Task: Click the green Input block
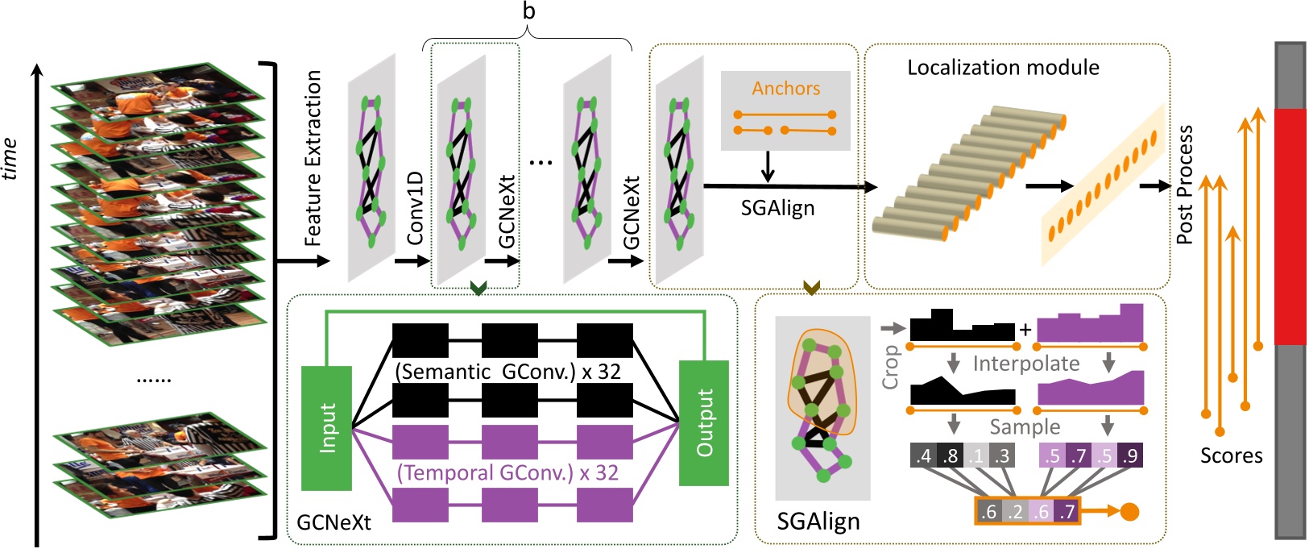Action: [x=326, y=428]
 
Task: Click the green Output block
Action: [x=704, y=423]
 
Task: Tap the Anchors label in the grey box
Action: [x=785, y=89]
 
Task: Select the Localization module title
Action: [x=1003, y=68]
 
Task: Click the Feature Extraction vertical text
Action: [x=313, y=158]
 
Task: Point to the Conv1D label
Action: [x=415, y=209]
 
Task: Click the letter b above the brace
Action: [x=528, y=12]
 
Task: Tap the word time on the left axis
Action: [x=10, y=159]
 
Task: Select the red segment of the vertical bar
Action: [x=1290, y=226]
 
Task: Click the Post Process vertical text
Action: [x=1184, y=185]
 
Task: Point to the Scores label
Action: [x=1231, y=455]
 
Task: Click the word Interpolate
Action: [x=1025, y=364]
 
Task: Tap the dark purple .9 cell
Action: [x=1130, y=456]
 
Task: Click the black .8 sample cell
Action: [x=951, y=456]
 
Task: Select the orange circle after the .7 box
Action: [x=1130, y=512]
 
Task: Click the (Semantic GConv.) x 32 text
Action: [x=507, y=372]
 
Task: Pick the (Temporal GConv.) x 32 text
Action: [x=507, y=472]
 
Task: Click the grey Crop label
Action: [x=891, y=368]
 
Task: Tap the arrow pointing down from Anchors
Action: [x=767, y=167]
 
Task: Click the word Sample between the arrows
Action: [x=1025, y=426]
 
